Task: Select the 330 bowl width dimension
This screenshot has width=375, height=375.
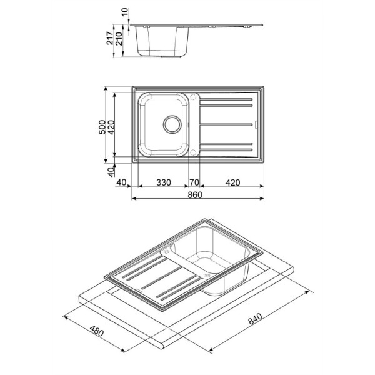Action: click(164, 182)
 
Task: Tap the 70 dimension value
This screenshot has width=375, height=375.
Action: click(194, 182)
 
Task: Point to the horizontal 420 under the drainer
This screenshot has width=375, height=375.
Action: click(232, 182)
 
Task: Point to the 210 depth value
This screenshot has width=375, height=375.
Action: click(119, 39)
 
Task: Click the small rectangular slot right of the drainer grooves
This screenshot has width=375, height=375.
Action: click(257, 124)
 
